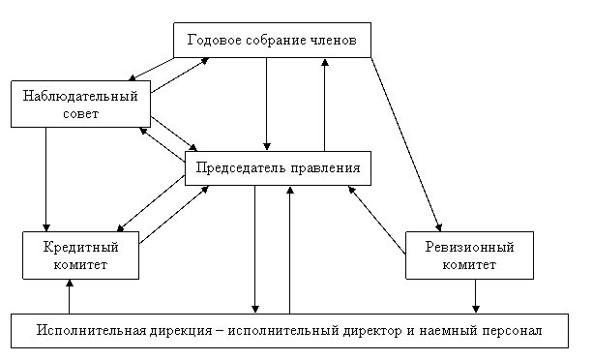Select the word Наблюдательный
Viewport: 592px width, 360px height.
pos(80,96)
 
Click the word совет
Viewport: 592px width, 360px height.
pos(81,113)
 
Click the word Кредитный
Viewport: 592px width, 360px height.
pos(81,247)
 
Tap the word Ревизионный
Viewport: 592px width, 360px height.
pos(470,247)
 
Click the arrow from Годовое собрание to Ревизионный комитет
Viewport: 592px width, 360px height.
pos(406,144)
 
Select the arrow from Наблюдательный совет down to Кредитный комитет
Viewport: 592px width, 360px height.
pos(46,179)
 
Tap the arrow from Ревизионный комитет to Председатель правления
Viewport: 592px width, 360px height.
pos(377,220)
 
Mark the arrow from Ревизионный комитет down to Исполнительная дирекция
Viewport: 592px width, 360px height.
pos(475,296)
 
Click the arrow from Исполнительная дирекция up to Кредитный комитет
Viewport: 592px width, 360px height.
pos(70,296)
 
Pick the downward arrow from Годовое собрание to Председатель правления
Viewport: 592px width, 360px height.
pos(267,105)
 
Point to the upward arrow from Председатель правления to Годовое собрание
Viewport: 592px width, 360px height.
pos(325,105)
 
